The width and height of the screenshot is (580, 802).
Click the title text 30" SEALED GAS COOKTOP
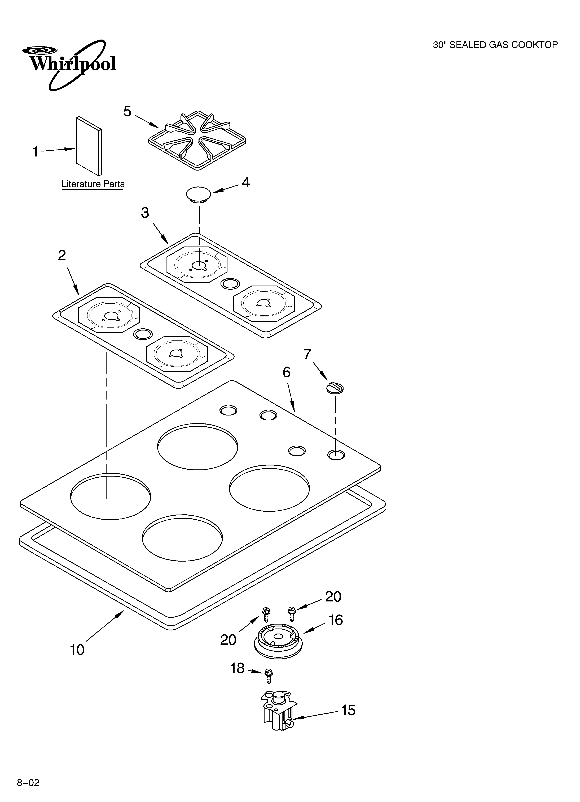point(495,45)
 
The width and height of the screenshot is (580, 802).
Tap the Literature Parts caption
point(93,184)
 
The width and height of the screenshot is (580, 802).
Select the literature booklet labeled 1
point(89,146)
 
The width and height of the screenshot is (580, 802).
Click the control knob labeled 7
point(335,388)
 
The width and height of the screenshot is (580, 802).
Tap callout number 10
point(77,650)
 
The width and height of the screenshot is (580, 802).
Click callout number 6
point(287,372)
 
